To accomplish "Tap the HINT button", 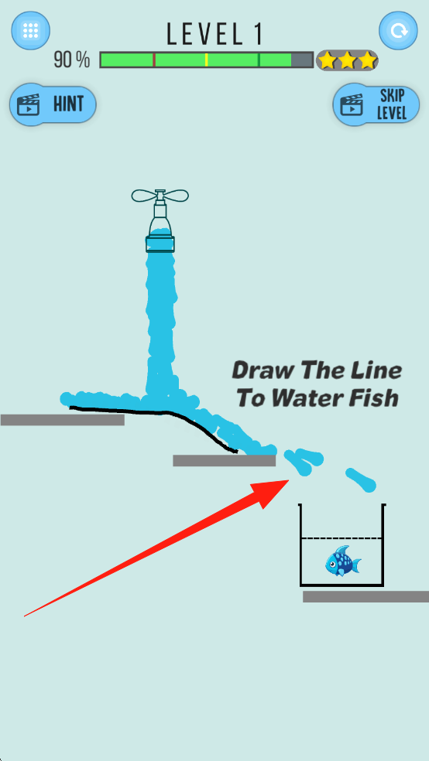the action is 53,104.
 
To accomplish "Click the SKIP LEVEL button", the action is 376,104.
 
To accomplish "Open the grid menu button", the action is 31,31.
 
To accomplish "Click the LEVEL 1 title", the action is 214,35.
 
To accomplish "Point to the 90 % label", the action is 72,60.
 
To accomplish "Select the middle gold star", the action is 347,60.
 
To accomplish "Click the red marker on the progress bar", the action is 154,60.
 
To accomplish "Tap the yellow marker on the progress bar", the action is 207,60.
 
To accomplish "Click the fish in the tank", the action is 343,561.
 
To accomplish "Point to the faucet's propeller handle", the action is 160,196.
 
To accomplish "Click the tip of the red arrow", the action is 290,480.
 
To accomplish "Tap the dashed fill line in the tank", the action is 341,538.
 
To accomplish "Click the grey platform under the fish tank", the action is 366,596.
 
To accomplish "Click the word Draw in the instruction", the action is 262,370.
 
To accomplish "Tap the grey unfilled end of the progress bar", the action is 302,60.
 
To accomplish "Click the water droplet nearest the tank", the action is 362,479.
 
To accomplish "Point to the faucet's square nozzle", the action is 160,244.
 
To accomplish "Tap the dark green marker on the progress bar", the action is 259,60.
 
